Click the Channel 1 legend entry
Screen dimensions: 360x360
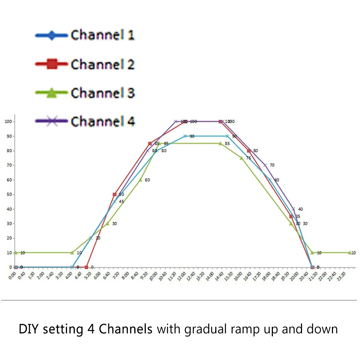pyautogui.click(x=85, y=35)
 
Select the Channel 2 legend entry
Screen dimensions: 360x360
pyautogui.click(x=85, y=64)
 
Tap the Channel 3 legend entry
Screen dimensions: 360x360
pyautogui.click(x=85, y=93)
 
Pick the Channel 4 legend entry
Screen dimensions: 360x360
pyautogui.click(x=85, y=121)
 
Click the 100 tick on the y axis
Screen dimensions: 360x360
pyautogui.click(x=8, y=122)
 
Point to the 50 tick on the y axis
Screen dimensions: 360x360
pyautogui.click(x=9, y=194)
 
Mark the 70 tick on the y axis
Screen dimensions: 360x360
pyautogui.click(x=9, y=165)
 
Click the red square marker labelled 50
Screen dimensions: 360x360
pyautogui.click(x=115, y=194)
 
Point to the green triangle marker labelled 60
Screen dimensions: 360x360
pyautogui.click(x=141, y=180)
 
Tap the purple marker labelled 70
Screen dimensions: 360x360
pyautogui.click(x=265, y=165)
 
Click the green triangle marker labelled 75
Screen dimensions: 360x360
pyautogui.click(x=242, y=158)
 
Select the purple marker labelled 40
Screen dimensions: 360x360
pyautogui.click(x=293, y=209)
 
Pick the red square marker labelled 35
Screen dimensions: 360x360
pyautogui.click(x=291, y=216)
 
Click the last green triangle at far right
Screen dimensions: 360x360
pyautogui.click(x=350, y=253)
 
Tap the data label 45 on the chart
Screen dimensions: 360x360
pyautogui.click(x=121, y=202)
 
